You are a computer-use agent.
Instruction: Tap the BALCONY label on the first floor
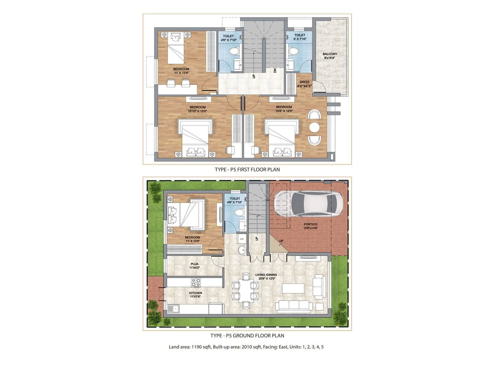click(x=330, y=54)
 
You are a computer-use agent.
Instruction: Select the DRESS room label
click(x=304, y=82)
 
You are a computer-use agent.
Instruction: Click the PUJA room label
click(x=194, y=264)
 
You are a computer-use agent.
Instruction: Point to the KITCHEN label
click(x=196, y=293)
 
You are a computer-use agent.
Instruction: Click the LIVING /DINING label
click(x=266, y=275)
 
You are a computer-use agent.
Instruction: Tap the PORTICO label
click(x=311, y=224)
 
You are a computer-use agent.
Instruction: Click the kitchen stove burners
click(x=196, y=282)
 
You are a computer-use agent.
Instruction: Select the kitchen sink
click(x=173, y=308)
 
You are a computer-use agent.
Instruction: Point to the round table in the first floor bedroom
click(x=314, y=127)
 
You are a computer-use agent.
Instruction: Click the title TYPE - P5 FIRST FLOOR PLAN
click(x=247, y=170)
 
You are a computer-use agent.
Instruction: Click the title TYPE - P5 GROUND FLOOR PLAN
click(x=247, y=335)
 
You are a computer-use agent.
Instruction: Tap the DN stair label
click(x=275, y=71)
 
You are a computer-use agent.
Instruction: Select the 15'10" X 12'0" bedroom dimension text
click(x=198, y=111)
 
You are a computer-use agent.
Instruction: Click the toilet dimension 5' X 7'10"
click(x=300, y=39)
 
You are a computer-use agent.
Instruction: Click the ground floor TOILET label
click(x=235, y=198)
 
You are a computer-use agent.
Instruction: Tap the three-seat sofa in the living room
click(x=294, y=305)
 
